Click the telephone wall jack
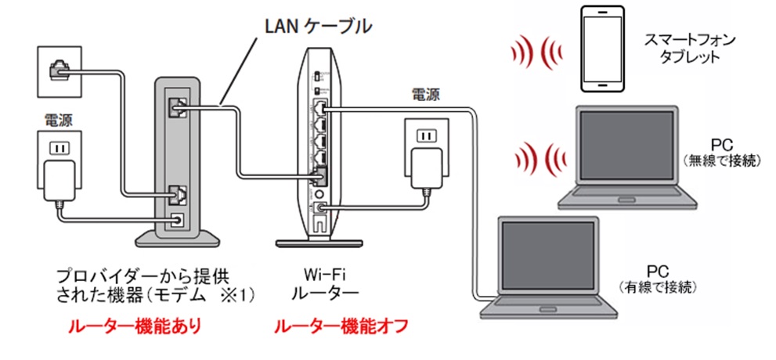click(59, 70)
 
